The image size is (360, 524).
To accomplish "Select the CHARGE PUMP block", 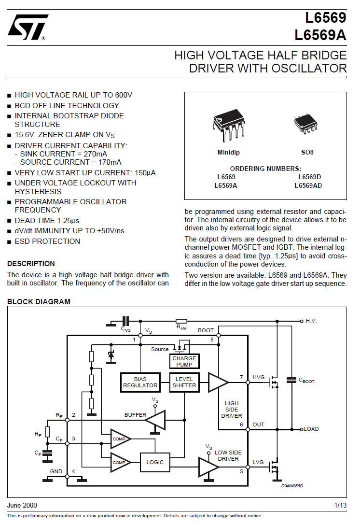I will click(184, 361).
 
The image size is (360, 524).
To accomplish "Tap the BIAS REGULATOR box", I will click(140, 382).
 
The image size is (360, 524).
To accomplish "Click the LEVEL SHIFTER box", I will click(184, 382).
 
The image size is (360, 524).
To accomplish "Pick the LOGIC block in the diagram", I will click(155, 462).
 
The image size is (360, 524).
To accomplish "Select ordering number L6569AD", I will click(308, 185).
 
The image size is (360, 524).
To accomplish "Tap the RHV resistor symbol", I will click(181, 321).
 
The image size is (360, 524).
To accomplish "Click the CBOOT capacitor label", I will click(306, 381).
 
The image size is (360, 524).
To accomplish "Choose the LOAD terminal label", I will click(311, 429).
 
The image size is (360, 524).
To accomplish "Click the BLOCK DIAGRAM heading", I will click(39, 302).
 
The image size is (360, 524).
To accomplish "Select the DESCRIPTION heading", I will click(31, 264).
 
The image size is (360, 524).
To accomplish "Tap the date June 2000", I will click(22, 505).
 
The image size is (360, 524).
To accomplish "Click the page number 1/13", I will click(340, 505).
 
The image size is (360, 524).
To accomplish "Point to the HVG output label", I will click(259, 377).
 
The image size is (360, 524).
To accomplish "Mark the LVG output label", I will click(258, 462).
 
